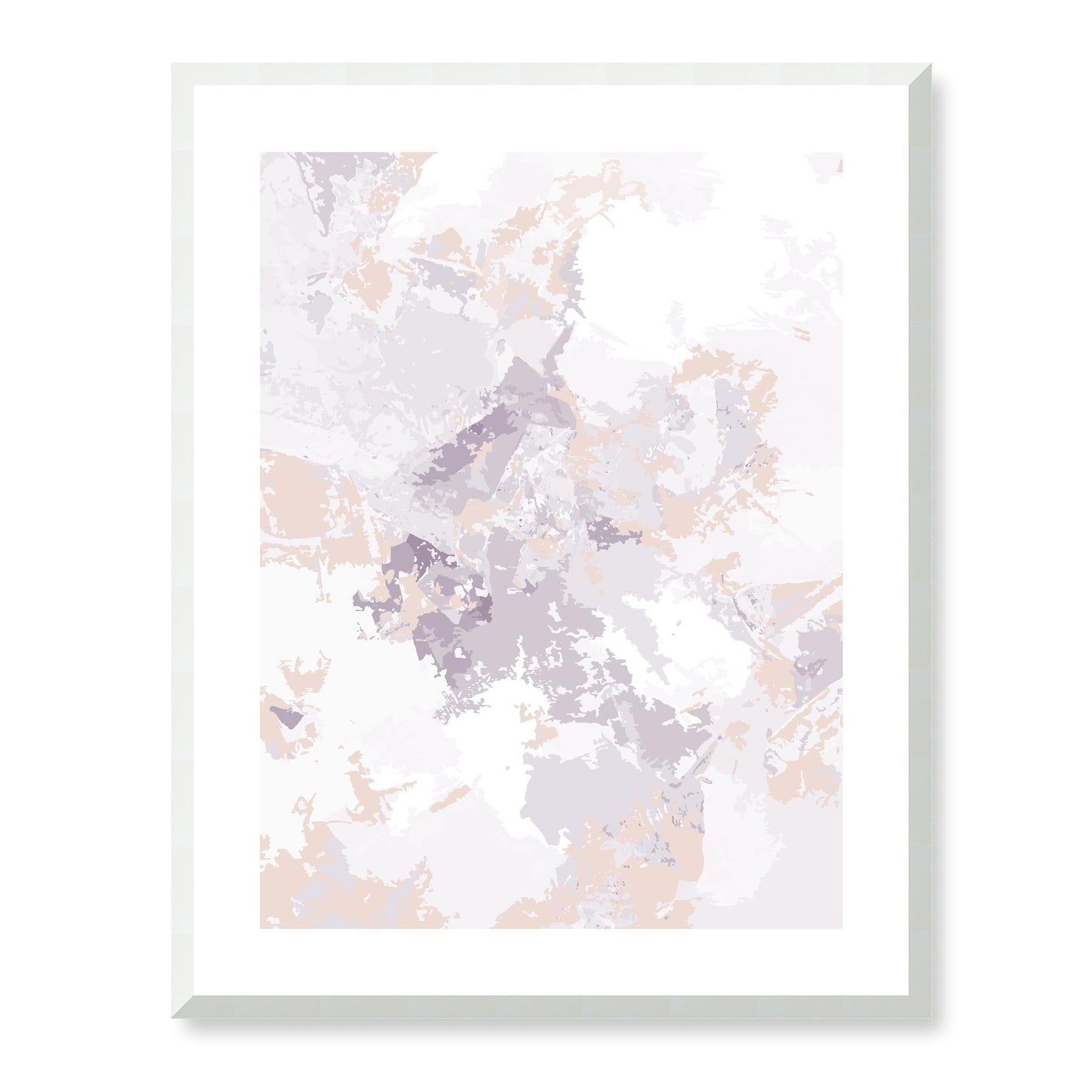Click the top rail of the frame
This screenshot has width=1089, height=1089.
[550, 75]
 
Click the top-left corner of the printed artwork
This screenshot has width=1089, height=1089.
[261, 153]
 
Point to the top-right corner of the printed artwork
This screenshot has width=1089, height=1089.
[842, 153]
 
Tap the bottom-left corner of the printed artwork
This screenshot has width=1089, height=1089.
[261, 928]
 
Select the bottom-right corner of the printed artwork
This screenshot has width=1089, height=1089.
[842, 928]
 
